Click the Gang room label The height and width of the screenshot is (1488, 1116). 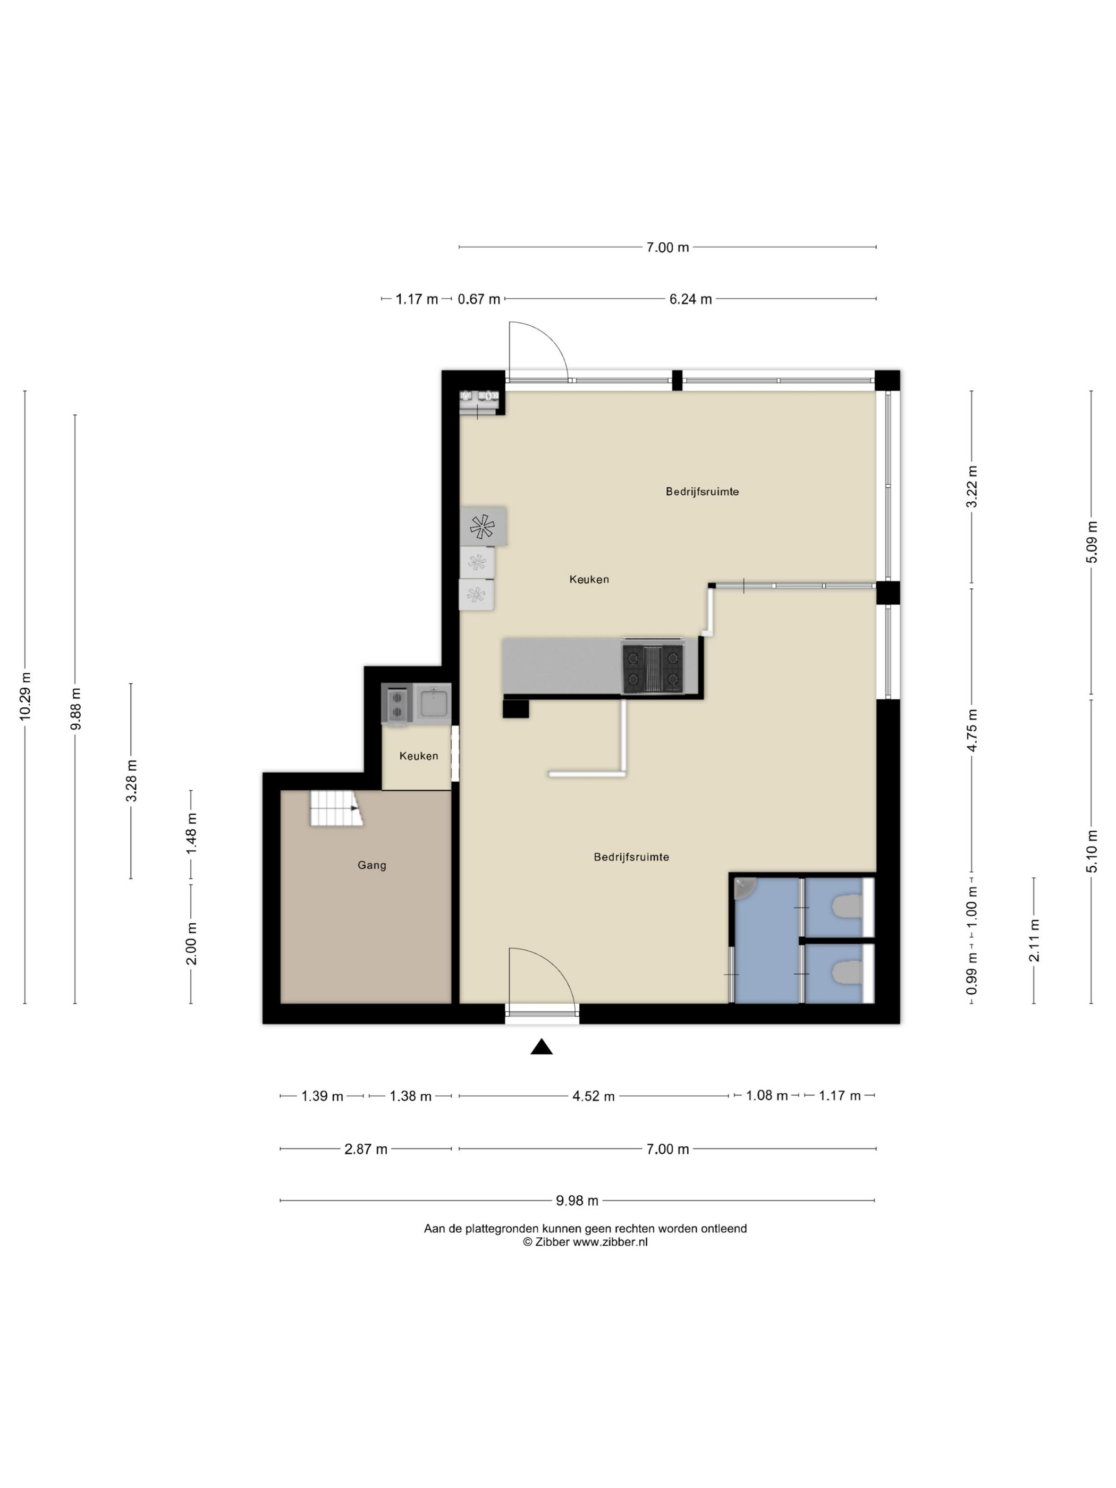(x=371, y=865)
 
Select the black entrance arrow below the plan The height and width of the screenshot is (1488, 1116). (x=542, y=1047)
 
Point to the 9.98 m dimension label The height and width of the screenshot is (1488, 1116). (x=577, y=1200)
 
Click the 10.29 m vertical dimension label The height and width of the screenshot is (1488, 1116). (x=26, y=696)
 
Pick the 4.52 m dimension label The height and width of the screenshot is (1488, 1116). (x=593, y=1096)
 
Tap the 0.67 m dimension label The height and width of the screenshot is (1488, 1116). (x=479, y=299)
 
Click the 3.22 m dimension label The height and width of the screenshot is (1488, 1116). (x=971, y=488)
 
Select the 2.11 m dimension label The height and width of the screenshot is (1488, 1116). (x=1034, y=941)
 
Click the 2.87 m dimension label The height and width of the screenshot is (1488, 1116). (x=366, y=1149)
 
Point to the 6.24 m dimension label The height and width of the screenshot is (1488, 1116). (x=690, y=299)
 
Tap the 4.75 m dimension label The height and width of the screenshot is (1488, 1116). (x=971, y=730)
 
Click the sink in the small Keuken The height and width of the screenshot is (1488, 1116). (x=433, y=704)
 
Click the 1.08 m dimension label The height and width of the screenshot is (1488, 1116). (x=767, y=1096)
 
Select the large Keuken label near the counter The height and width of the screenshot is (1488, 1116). (x=589, y=579)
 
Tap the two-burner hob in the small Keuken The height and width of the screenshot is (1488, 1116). (x=397, y=704)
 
